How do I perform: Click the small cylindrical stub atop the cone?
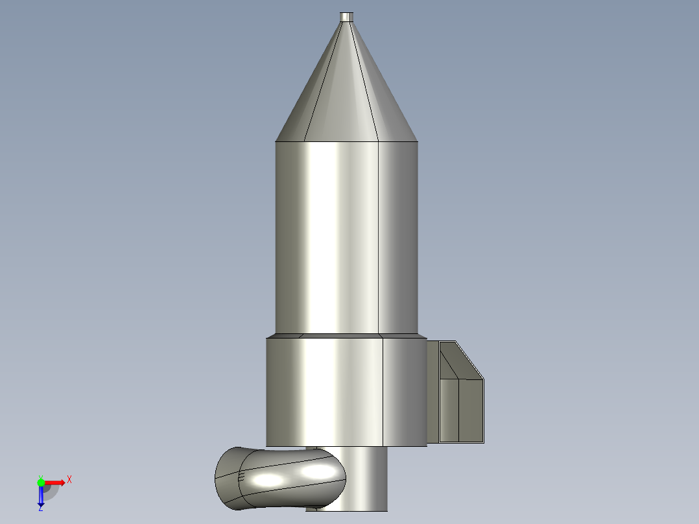pos(347,17)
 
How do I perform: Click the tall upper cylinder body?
pos(347,237)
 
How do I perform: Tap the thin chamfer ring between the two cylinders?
pos(347,336)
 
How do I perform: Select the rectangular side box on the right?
pos(462,409)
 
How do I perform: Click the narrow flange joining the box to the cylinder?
pos(432,392)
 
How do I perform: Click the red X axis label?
pos(69,480)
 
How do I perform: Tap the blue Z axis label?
pos(40,508)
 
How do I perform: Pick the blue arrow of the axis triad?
pos(41,497)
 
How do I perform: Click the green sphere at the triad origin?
pos(41,482)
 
